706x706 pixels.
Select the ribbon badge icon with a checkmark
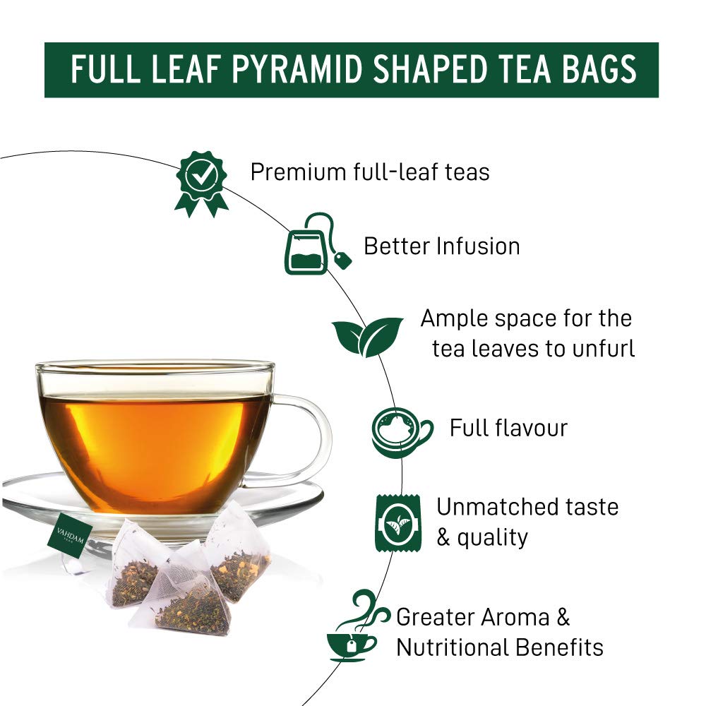click(x=202, y=182)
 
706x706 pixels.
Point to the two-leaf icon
click(x=367, y=336)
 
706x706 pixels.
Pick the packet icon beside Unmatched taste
click(x=398, y=522)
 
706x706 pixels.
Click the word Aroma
click(x=513, y=617)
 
